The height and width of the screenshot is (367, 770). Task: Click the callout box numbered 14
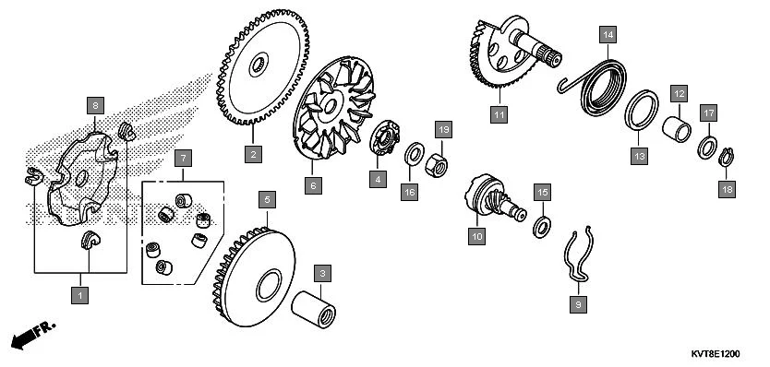(x=608, y=35)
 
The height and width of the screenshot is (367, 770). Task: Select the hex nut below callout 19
(x=436, y=165)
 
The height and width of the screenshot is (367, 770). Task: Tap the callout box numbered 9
(x=578, y=304)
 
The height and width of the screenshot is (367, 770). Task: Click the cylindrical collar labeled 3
(x=313, y=309)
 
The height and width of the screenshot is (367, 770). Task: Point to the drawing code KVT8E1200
(x=716, y=354)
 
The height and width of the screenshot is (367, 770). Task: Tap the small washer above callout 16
(x=414, y=155)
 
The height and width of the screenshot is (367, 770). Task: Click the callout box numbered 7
(x=183, y=159)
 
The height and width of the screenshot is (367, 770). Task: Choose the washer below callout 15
(x=542, y=227)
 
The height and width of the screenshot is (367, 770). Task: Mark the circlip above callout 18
(x=727, y=157)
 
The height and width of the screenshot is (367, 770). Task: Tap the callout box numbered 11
(x=499, y=115)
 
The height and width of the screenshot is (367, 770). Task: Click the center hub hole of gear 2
(x=259, y=65)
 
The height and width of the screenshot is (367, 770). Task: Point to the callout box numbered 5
(x=267, y=200)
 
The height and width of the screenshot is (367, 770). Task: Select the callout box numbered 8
(x=95, y=105)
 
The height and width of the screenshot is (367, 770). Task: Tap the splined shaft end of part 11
(x=549, y=55)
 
